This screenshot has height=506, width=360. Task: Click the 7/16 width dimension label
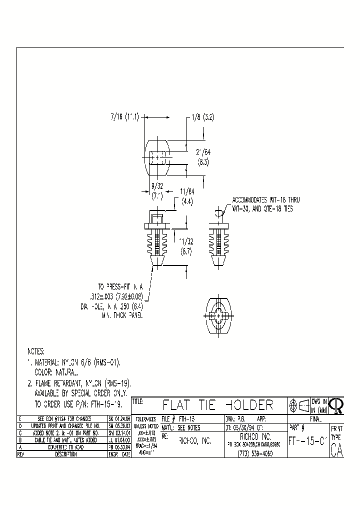(x=124, y=116)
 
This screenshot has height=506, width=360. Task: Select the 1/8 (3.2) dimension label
(x=202, y=117)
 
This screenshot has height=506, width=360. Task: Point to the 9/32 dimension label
(x=157, y=185)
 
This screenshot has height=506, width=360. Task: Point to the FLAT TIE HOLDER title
(x=218, y=405)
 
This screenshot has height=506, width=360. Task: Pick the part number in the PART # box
(x=307, y=441)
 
